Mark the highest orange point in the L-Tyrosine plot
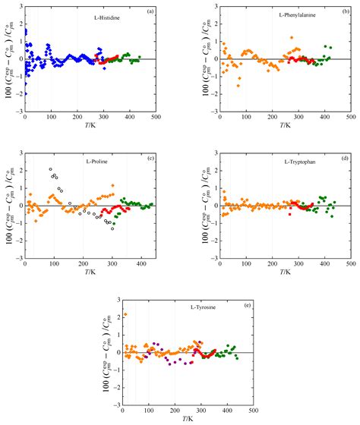(x=125, y=314)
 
